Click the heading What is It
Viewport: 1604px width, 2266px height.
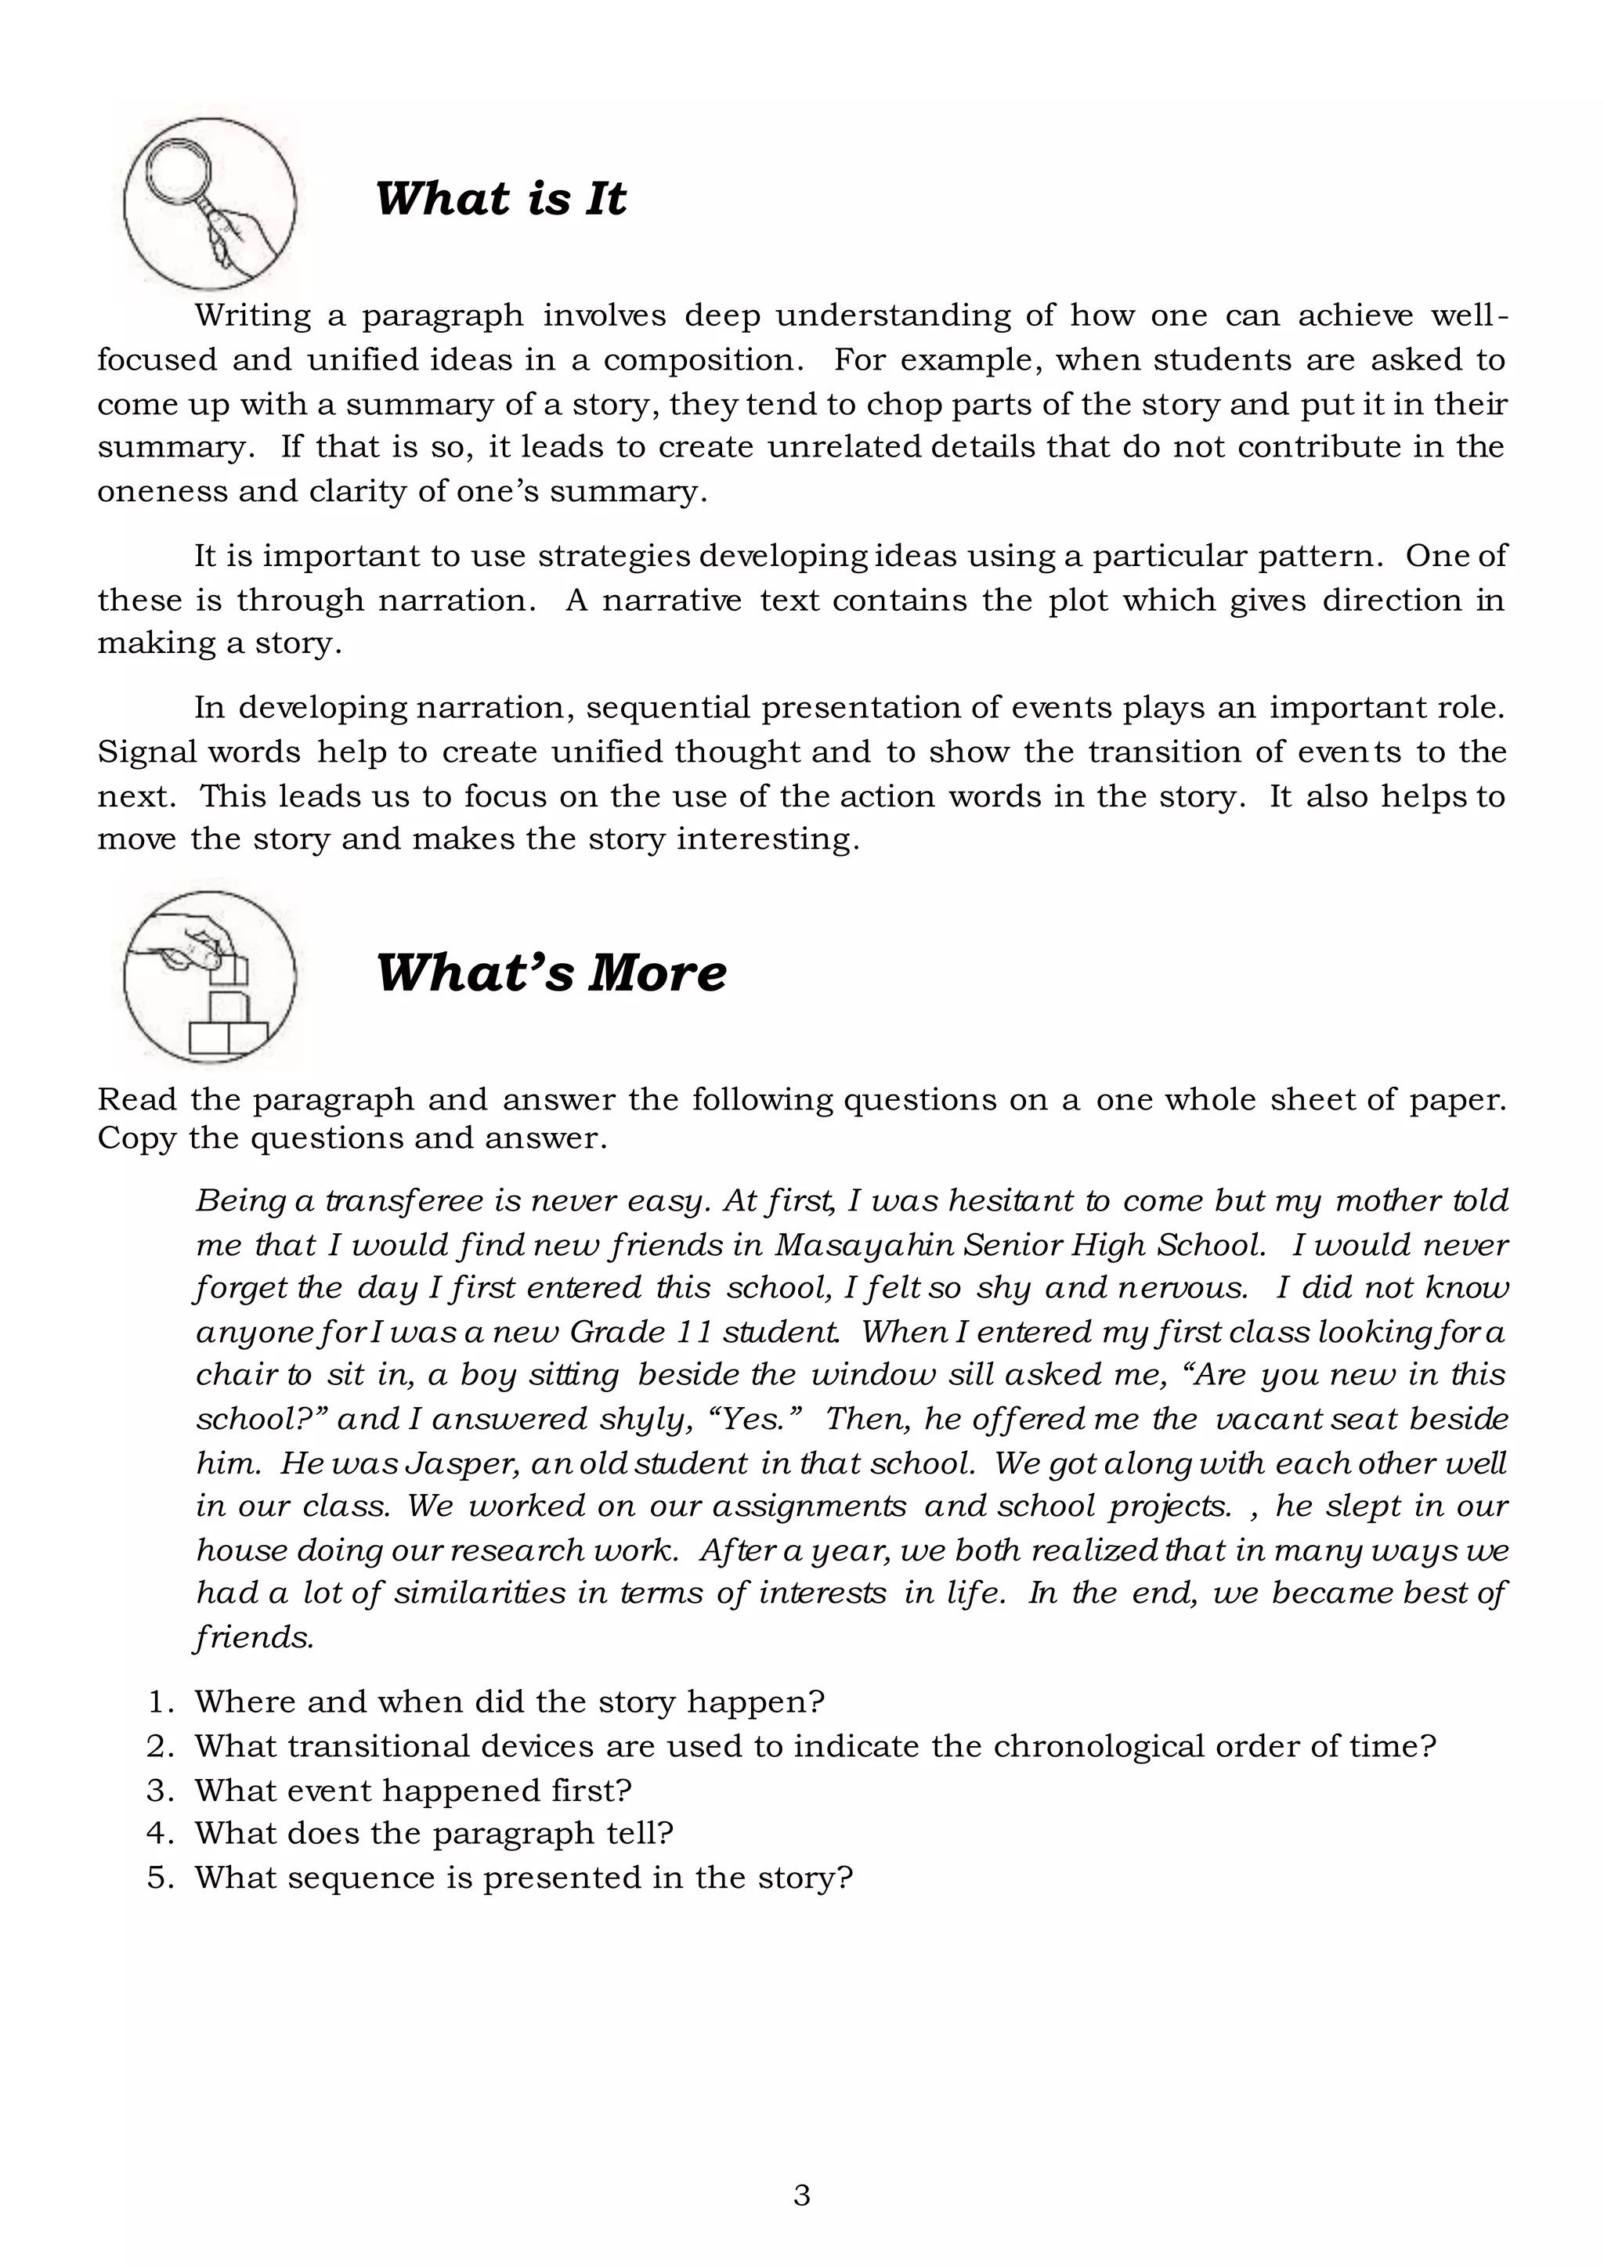[x=500, y=198]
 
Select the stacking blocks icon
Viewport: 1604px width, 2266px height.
[x=208, y=976]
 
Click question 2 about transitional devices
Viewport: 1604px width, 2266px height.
[x=814, y=1745]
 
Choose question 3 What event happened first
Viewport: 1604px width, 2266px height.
[x=413, y=1790]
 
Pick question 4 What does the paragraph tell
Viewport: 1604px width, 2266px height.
[x=434, y=1834]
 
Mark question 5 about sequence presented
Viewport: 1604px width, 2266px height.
[x=522, y=1877]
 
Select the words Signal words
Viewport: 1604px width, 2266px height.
[x=198, y=752]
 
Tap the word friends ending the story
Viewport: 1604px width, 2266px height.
[x=254, y=1637]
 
